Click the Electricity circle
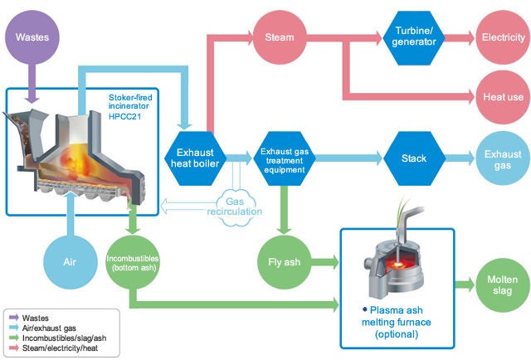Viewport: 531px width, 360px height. click(500, 38)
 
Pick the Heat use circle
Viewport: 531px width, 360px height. click(500, 98)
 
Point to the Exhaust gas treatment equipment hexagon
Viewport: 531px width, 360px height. click(285, 156)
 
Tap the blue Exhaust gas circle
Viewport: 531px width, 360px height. click(500, 156)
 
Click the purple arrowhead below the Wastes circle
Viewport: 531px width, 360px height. click(32, 97)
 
